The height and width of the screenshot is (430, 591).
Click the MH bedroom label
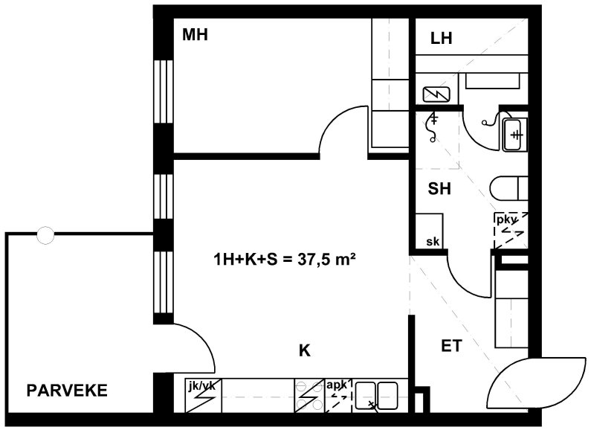pos(195,35)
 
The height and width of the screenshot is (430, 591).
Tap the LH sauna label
pos(441,39)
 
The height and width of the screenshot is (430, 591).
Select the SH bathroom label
pos(439,188)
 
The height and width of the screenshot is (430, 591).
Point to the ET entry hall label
pos(451,346)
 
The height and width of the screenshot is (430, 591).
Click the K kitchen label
pos(305,351)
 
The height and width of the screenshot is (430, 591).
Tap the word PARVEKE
pos(67,391)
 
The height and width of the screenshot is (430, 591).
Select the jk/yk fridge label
pos(203,385)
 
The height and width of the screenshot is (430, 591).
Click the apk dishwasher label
pos(338,385)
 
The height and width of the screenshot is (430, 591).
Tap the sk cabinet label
pos(433,241)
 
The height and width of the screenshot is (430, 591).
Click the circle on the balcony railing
pos(45,235)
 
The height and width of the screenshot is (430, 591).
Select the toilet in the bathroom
pos(509,187)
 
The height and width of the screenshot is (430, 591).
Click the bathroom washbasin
pos(514,135)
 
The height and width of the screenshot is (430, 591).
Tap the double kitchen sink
pos(377,396)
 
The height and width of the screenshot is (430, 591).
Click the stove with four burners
pos(310,396)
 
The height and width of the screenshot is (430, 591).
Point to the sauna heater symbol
pos(436,94)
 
